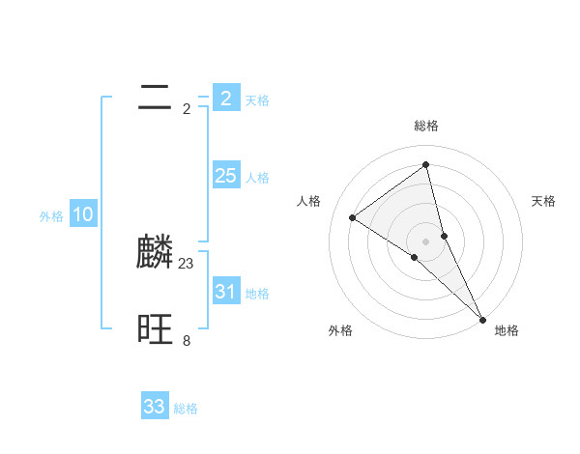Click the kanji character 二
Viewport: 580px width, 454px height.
click(x=155, y=97)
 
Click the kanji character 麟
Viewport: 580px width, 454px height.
click(x=155, y=252)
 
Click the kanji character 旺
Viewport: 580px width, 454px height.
click(x=155, y=329)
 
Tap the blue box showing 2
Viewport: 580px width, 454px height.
click(x=225, y=98)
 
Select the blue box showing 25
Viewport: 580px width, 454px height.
click(x=225, y=176)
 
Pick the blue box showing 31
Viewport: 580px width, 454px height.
click(x=225, y=291)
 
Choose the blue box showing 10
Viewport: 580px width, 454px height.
click(x=83, y=214)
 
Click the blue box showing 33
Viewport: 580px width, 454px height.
click(x=155, y=407)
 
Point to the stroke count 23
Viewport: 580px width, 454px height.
click(x=187, y=263)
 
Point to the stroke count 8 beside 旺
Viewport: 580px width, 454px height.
click(x=187, y=340)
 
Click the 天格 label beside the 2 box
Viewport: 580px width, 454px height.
click(x=257, y=99)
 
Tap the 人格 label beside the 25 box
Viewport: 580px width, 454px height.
click(x=257, y=178)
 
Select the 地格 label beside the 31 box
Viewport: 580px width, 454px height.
click(x=257, y=293)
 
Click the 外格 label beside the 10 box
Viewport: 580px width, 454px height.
click(x=51, y=216)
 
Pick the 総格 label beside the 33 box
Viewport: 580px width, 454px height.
click(x=187, y=409)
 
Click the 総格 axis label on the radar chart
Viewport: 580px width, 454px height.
click(x=426, y=126)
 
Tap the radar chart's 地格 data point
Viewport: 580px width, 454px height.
click(x=482, y=318)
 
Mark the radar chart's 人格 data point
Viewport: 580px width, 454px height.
click(x=352, y=217)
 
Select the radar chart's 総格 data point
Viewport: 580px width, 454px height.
click(x=426, y=165)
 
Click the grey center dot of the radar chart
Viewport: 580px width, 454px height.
click(x=426, y=241)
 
